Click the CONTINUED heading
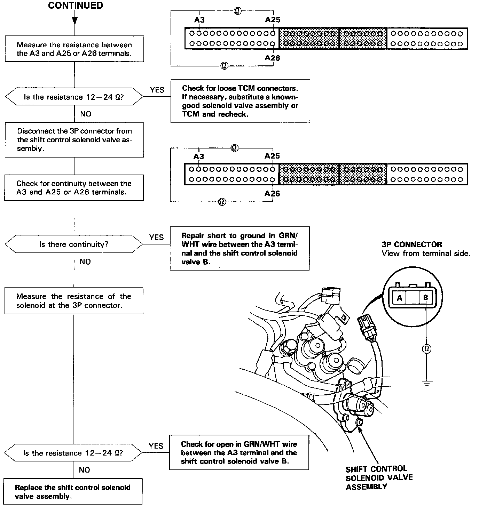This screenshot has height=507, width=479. (75, 6)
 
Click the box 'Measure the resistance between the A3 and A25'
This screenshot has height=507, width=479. (74, 49)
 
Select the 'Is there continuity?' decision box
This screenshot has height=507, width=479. (73, 244)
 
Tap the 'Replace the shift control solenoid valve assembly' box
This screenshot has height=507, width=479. (73, 492)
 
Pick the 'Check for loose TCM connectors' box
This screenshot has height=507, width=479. (240, 101)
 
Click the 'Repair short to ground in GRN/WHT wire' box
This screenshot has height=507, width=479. (239, 249)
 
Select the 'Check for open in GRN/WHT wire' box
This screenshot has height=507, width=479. (239, 452)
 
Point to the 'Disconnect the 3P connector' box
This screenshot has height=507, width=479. (74, 140)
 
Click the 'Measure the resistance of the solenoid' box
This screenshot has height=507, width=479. (74, 301)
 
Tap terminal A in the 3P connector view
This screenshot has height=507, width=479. (399, 298)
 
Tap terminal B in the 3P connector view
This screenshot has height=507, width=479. (425, 298)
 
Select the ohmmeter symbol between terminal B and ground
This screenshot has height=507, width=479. (426, 348)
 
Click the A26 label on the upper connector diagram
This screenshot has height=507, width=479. (272, 58)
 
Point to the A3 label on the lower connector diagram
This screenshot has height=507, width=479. (198, 156)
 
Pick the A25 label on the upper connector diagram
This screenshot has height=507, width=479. (273, 20)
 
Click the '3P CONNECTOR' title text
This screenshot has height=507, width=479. (411, 244)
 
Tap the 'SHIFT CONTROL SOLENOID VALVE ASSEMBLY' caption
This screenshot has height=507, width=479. (379, 477)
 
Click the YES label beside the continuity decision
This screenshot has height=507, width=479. (156, 237)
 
